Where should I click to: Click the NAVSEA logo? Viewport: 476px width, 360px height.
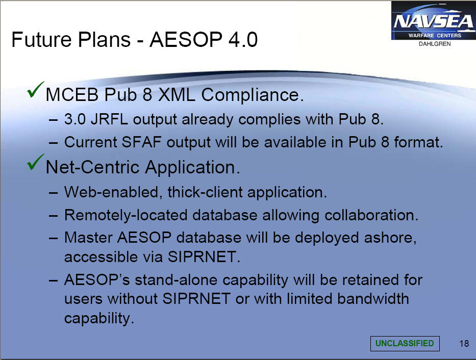tap(434, 21)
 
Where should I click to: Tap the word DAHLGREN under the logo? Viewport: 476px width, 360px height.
tap(435, 44)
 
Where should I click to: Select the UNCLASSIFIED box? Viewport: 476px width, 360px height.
tap(405, 343)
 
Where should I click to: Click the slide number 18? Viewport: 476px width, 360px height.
tap(464, 344)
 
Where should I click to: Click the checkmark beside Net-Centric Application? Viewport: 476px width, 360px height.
tap(36, 162)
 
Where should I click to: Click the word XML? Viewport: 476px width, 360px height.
tap(177, 95)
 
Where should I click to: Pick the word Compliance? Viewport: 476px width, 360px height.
tap(252, 95)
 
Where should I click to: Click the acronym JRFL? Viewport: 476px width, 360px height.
tap(109, 119)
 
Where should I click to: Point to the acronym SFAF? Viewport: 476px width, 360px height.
tap(141, 142)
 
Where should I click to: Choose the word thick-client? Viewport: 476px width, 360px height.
tap(205, 192)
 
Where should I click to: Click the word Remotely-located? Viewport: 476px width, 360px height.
tap(126, 215)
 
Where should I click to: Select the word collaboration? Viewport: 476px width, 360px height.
tap(371, 215)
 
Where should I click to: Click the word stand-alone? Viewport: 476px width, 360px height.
tap(176, 280)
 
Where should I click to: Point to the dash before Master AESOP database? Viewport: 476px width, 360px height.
tap(53, 238)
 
